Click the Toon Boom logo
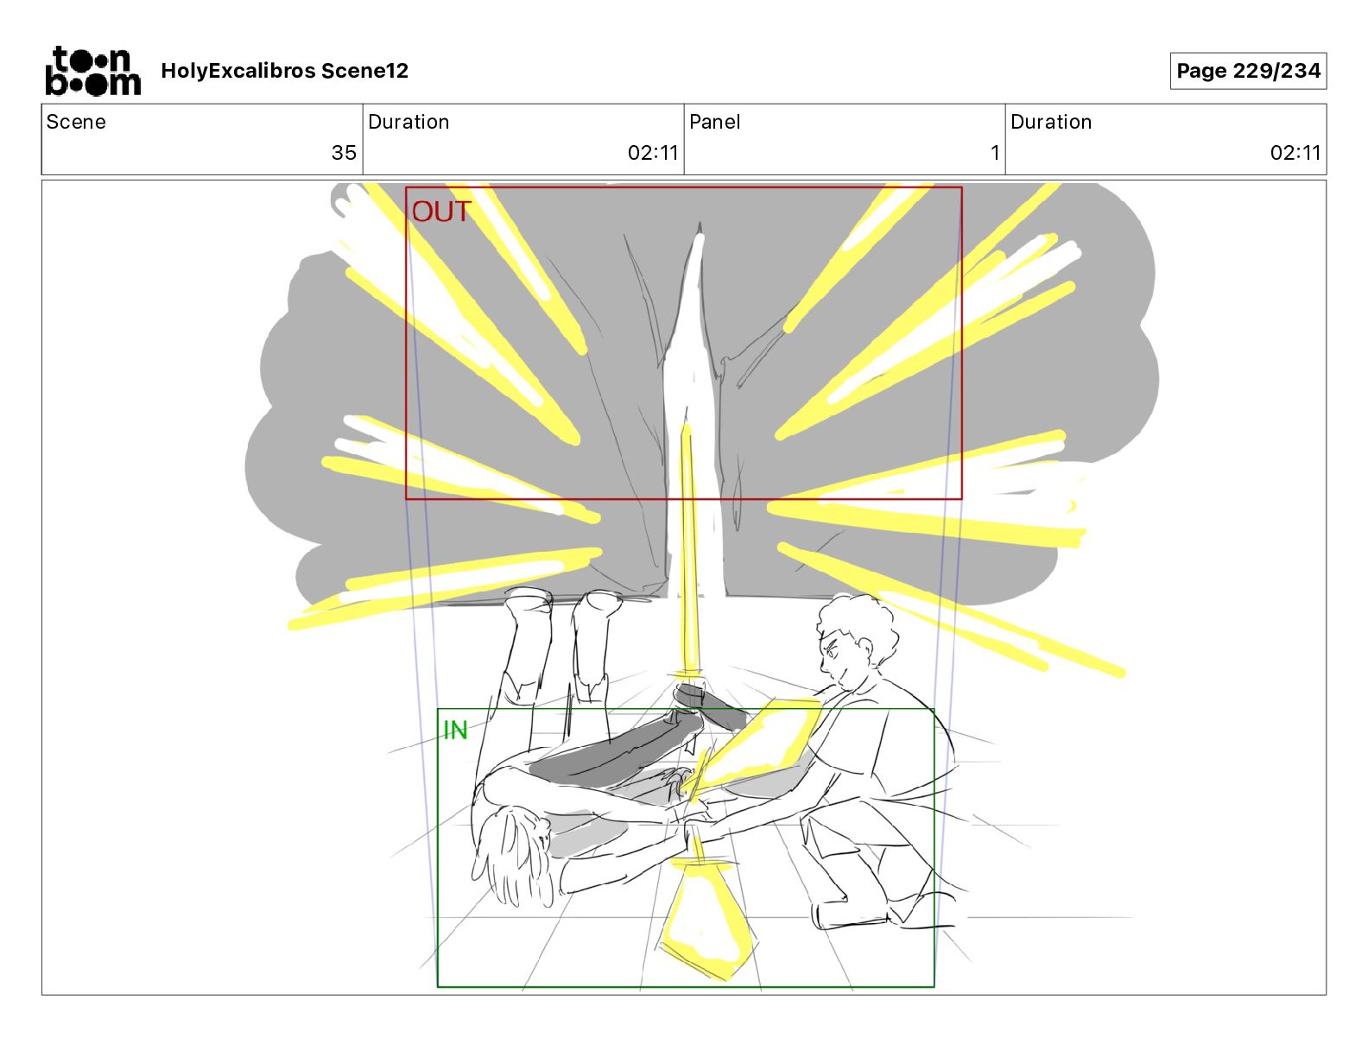(93, 71)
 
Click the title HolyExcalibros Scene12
(284, 71)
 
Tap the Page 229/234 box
(1248, 71)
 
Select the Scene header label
(76, 122)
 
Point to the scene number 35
(344, 152)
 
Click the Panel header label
(714, 122)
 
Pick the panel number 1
(995, 152)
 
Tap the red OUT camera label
(441, 212)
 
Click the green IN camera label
(456, 731)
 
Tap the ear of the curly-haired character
(865, 649)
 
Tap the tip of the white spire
(700, 223)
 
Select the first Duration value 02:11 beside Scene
(653, 152)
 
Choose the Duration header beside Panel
(1051, 122)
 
